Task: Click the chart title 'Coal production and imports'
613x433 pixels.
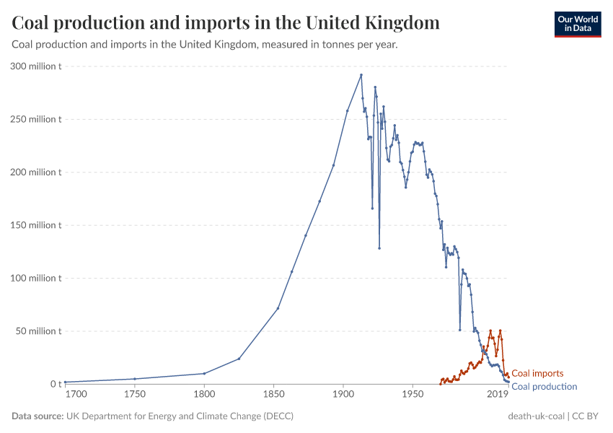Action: [x=226, y=23]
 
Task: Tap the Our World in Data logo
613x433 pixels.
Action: [x=577, y=24]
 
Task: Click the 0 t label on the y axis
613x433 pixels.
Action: [x=56, y=384]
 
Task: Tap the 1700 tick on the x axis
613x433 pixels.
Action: [x=76, y=395]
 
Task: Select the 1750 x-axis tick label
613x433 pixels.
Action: [x=134, y=395]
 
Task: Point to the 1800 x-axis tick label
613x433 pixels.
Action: [x=204, y=395]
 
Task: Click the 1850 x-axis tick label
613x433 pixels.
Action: [x=273, y=395]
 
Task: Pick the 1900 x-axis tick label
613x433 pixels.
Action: [x=343, y=395]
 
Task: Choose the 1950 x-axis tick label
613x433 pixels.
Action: [x=413, y=395]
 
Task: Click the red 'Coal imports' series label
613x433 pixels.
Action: [x=537, y=374]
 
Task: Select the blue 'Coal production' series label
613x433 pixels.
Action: [x=544, y=387]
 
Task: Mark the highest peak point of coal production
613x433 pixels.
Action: [x=361, y=75]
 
